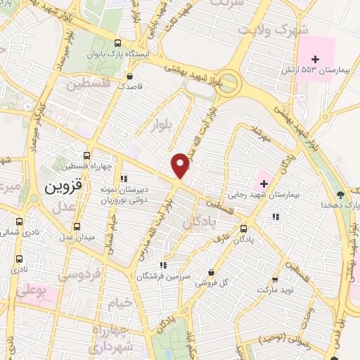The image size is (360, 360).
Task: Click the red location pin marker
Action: pos(181,165)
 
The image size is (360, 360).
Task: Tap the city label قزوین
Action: pos(64,188)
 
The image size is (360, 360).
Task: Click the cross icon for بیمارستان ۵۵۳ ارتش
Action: pos(316,59)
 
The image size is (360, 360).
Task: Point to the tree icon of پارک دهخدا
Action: pos(341,193)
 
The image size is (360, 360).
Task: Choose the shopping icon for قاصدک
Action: pos(129,77)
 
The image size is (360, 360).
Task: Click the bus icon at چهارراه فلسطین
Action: pos(86,155)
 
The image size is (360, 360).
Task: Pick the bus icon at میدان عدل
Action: pos(77,226)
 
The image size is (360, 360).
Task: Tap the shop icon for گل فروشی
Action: pos(212,272)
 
